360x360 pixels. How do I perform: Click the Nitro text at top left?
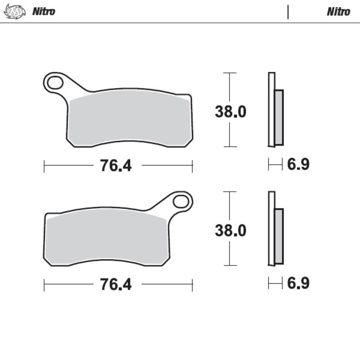[43, 12]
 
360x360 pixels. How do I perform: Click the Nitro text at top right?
[338, 12]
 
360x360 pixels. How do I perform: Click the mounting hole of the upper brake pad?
[56, 83]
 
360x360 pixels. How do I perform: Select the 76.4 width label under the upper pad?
[115, 166]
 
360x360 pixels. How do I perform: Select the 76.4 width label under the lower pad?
[115, 285]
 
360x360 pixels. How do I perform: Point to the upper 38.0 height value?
[230, 112]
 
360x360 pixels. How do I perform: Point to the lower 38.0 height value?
[230, 231]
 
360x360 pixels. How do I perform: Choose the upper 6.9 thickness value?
[298, 165]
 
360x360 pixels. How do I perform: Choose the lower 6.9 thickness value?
[298, 283]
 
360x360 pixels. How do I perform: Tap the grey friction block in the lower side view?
[279, 236]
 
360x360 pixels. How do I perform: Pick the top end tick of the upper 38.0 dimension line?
[230, 72]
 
